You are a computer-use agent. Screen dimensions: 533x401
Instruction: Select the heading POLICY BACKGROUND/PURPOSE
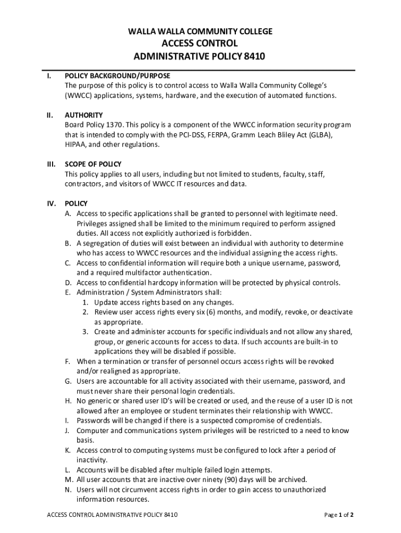117,75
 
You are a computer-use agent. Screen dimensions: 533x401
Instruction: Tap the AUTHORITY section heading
83,115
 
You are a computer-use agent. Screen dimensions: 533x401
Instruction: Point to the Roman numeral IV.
51,204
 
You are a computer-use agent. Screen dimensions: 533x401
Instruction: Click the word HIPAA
75,145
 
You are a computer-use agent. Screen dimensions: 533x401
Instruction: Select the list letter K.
68,450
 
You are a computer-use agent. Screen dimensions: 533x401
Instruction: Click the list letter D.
68,283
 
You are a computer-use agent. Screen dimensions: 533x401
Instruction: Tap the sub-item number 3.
84,332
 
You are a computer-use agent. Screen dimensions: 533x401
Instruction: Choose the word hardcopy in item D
167,283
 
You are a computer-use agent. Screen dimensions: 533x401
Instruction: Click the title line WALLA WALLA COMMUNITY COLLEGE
200,32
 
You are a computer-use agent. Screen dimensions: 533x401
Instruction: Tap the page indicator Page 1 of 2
339,515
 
